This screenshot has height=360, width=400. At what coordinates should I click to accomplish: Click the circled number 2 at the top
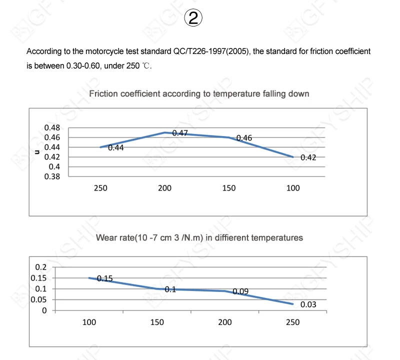193,19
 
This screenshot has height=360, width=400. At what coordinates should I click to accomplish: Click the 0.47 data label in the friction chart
180,133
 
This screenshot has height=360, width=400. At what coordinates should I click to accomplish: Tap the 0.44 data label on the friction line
115,147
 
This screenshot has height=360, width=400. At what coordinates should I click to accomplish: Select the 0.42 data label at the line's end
308,157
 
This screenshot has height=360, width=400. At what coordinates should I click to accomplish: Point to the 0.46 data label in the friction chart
244,138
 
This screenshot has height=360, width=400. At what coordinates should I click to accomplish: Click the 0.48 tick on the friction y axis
52,127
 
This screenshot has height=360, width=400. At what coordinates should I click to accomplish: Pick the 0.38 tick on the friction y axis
52,176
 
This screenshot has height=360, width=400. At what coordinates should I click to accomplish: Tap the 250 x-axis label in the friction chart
100,188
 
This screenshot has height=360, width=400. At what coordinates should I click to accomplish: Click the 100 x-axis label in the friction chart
293,188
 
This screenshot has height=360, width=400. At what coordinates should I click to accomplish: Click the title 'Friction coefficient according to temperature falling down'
199,93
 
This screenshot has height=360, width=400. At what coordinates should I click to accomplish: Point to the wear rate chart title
199,237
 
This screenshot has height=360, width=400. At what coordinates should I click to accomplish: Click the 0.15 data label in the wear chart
104,278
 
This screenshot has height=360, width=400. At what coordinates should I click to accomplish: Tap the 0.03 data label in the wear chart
308,304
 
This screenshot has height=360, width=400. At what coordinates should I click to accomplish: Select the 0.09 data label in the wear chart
241,291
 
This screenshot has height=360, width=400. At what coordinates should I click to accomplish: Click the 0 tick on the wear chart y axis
44,310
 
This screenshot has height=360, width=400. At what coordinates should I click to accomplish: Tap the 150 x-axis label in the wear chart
157,322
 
